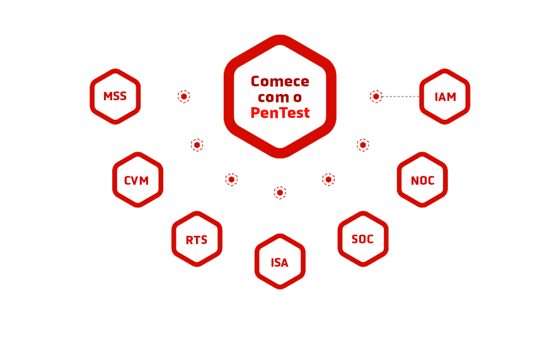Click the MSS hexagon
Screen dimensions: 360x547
tap(115, 96)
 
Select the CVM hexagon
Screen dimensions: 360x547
tap(137, 180)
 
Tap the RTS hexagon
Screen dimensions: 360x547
tap(197, 239)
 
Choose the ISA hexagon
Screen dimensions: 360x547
tap(280, 262)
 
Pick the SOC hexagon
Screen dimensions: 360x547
tap(362, 238)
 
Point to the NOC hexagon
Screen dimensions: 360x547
tap(422, 180)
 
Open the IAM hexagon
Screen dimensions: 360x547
tap(444, 96)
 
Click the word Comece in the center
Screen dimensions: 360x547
tap(280, 81)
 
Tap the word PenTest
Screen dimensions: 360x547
tap(280, 113)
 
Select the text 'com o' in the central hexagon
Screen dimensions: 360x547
tap(280, 97)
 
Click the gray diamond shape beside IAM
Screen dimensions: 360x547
tap(399, 96)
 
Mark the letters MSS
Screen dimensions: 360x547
tap(115, 96)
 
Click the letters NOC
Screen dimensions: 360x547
tap(422, 180)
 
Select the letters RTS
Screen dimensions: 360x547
tap(197, 240)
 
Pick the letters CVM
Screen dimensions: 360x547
tap(137, 181)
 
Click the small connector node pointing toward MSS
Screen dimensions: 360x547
tap(183, 96)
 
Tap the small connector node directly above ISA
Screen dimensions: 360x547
tap(280, 192)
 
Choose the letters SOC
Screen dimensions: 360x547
tap(362, 239)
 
